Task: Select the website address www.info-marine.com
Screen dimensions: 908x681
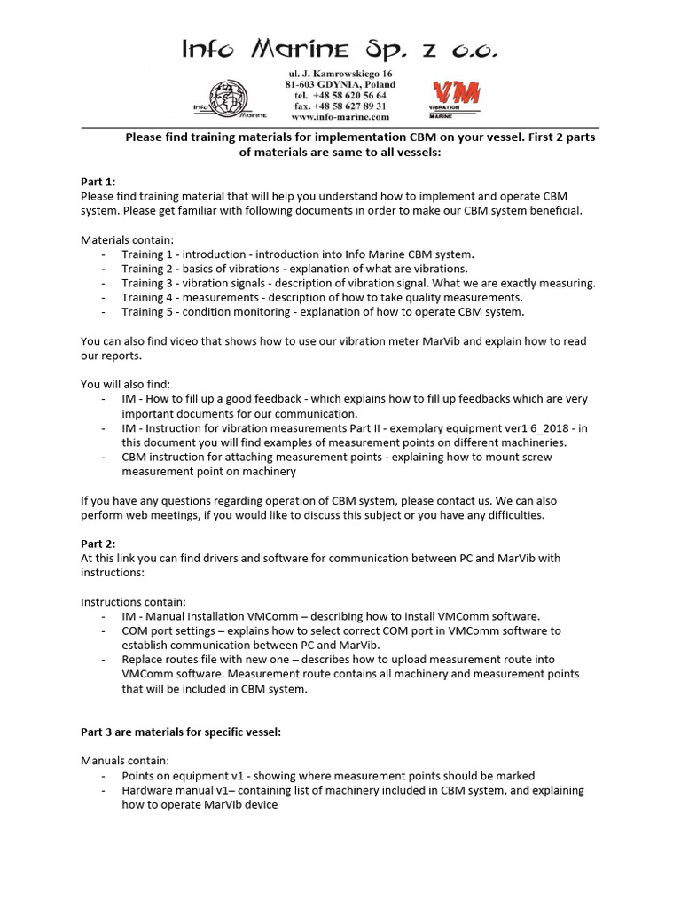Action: (340, 116)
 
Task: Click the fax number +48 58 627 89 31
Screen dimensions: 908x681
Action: (340, 106)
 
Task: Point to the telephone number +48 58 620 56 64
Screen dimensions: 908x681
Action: (340, 95)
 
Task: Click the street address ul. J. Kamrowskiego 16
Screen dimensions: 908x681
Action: (340, 74)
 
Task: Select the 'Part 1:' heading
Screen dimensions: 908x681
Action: (98, 182)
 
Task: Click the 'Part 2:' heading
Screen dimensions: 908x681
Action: (98, 544)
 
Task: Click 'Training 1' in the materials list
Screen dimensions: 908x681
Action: (143, 254)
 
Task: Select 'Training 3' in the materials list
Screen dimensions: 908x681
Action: (143, 283)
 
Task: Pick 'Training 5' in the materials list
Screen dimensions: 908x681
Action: (143, 311)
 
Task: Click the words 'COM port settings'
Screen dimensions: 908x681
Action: (168, 630)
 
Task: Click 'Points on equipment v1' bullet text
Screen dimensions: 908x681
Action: (185, 776)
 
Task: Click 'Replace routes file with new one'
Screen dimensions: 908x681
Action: (213, 659)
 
